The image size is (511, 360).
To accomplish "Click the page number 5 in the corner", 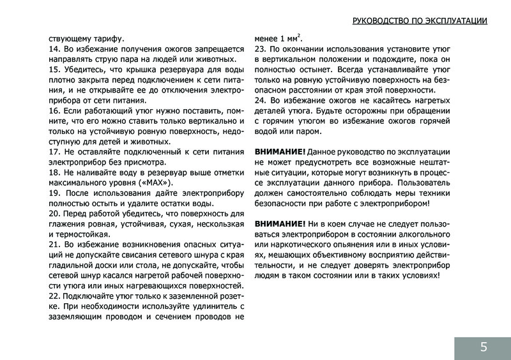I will (x=483, y=347).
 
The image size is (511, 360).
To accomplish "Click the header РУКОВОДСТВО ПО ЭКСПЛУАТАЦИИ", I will (x=420, y=20).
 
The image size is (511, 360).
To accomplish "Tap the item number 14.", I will (x=54, y=49).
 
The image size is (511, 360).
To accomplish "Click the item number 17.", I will (x=54, y=152).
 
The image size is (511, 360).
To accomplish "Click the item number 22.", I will (x=54, y=296).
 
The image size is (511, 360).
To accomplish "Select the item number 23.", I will (x=260, y=49).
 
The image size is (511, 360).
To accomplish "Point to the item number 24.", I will (x=260, y=101).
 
